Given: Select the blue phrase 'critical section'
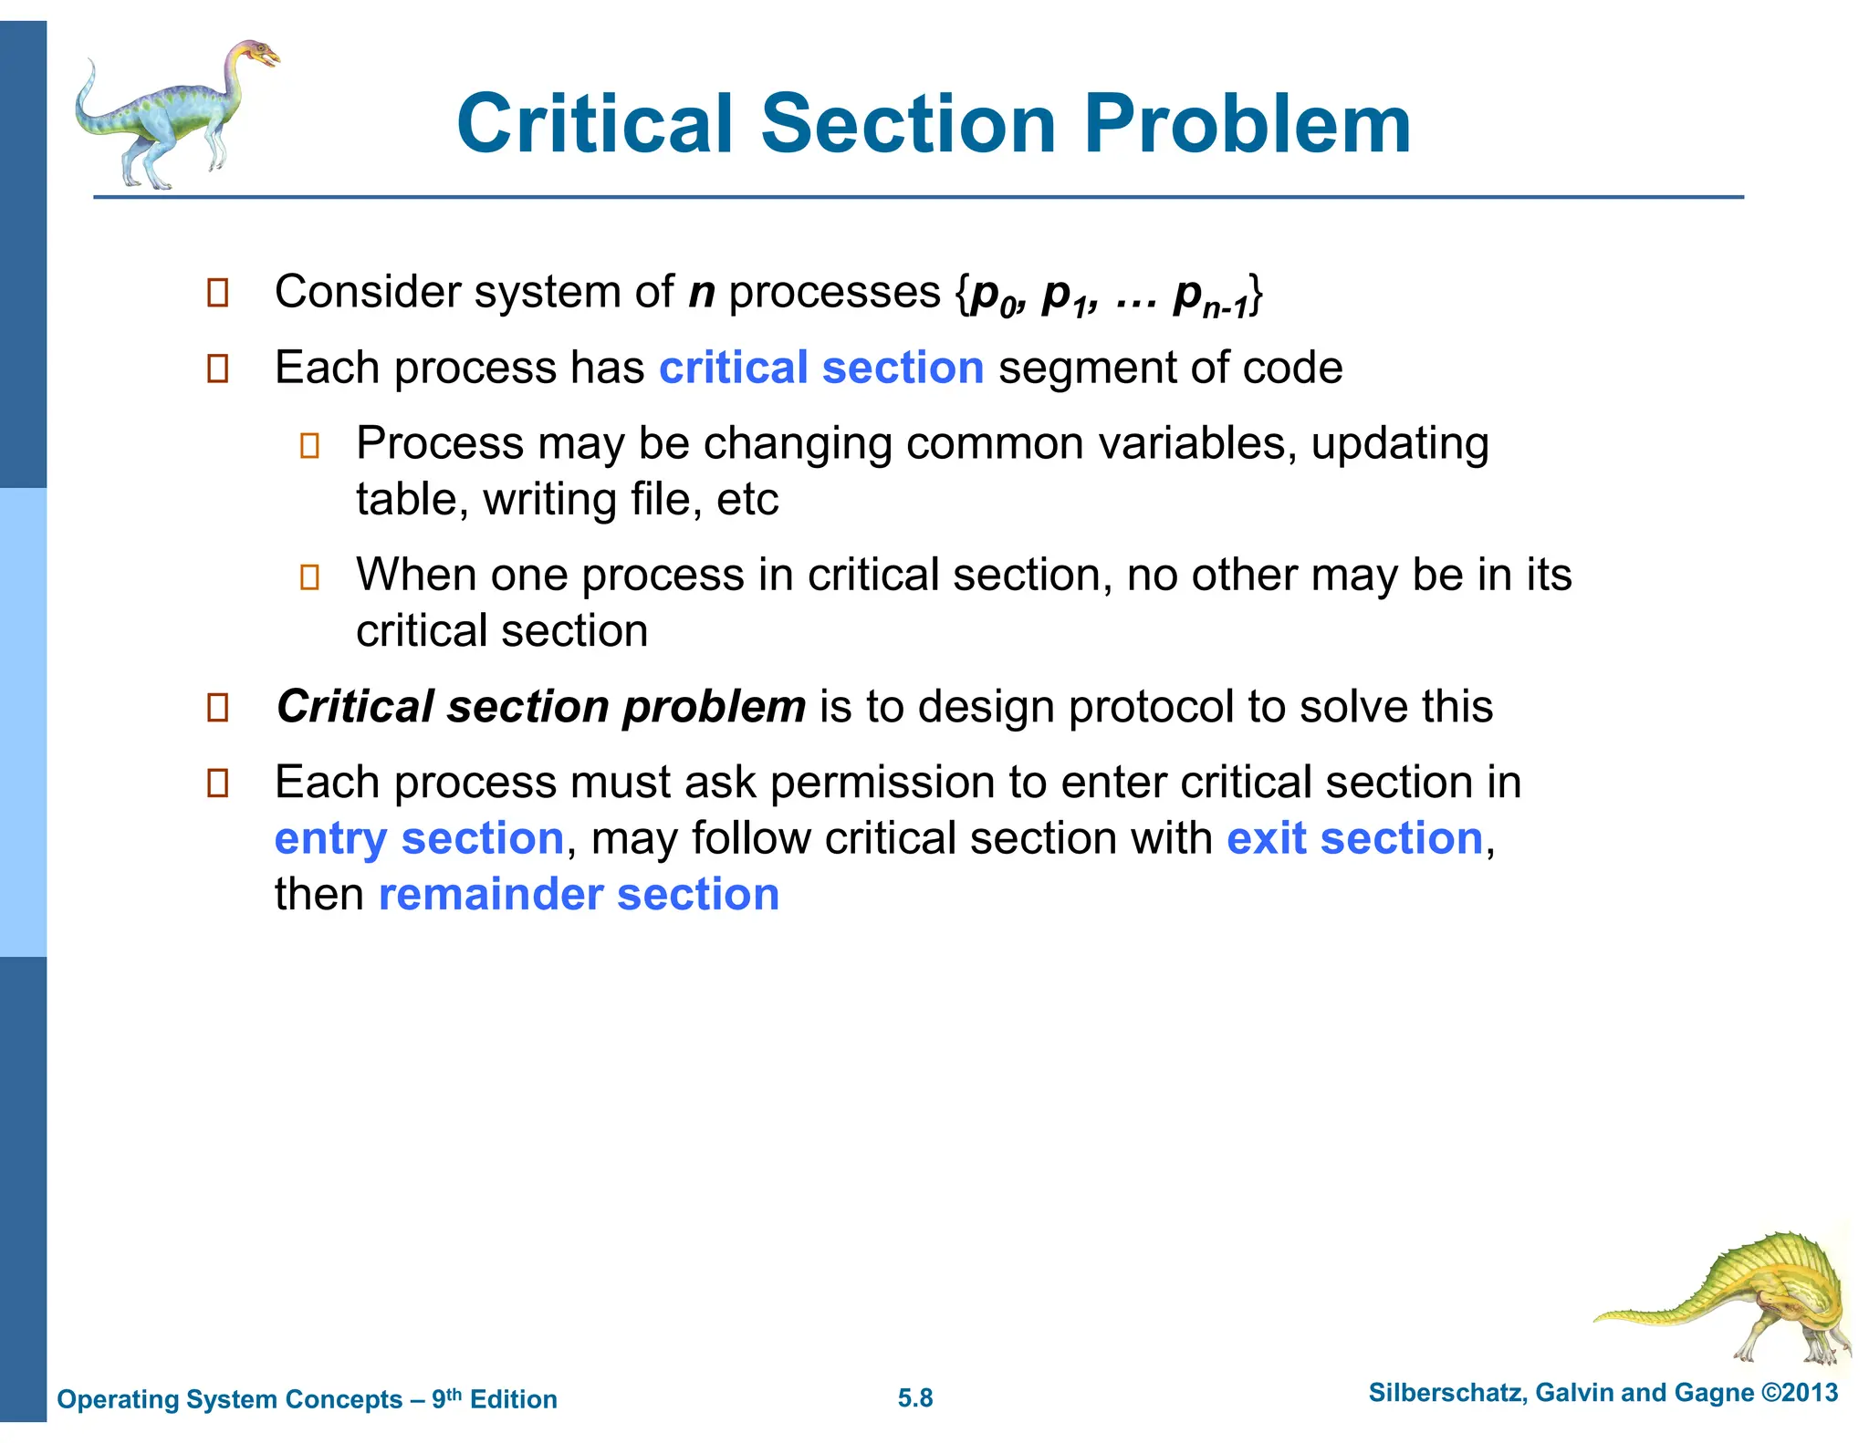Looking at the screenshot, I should point(821,368).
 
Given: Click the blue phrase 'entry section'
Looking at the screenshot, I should point(419,838).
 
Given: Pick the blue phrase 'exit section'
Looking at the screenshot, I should point(1354,838).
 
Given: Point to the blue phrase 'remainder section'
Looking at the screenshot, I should point(579,894).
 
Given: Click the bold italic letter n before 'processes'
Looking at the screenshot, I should point(701,294).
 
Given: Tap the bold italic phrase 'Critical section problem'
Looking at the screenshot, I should point(541,707).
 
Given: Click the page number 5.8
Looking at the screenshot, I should point(914,1398).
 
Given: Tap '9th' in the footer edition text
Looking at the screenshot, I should point(446,1397).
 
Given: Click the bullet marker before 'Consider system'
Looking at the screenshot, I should point(217,293).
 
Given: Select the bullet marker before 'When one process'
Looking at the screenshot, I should point(309,576).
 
